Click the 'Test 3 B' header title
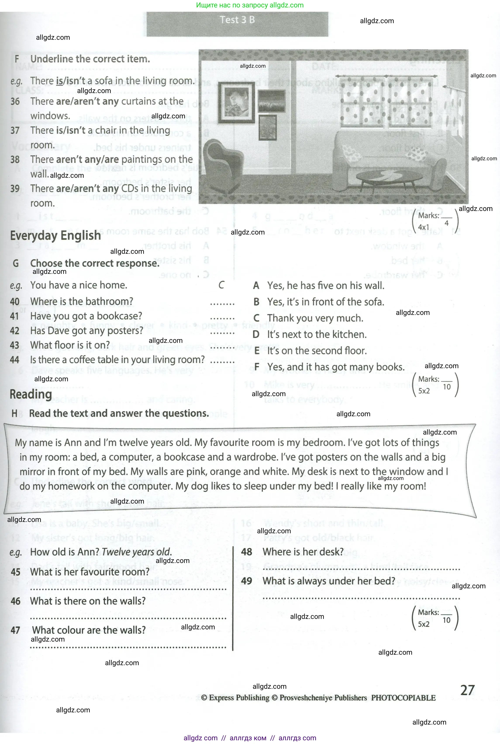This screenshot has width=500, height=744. pos(237,20)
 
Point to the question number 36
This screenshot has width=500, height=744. pos(15,101)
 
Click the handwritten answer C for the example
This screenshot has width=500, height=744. pos(222,285)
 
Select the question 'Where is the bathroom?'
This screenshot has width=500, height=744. pos(82,301)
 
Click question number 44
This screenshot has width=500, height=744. pos(15,360)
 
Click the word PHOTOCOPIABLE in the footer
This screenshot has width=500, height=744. pos(403,698)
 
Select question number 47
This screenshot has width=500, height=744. pos(15,630)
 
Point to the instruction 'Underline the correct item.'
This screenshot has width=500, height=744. pos(90,59)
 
